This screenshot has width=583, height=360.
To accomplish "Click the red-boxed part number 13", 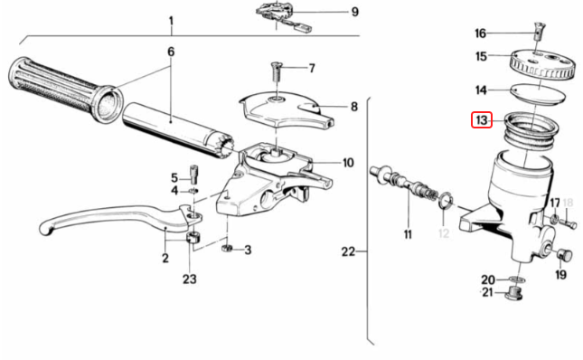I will pyautogui.click(x=481, y=120).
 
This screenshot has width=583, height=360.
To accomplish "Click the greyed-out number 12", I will pyautogui.click(x=443, y=234).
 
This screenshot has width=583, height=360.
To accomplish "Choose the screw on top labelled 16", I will pyautogui.click(x=541, y=30).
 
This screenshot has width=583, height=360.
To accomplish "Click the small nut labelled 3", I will pyautogui.click(x=229, y=248).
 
